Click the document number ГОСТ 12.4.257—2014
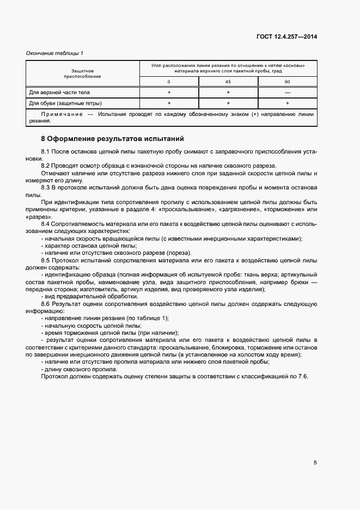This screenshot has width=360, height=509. coord(287,36)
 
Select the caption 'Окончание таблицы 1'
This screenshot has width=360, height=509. coord(54,53)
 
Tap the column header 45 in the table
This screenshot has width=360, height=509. coord(228,82)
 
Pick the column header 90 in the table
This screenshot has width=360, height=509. coord(287,82)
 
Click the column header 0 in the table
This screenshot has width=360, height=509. coord(169,82)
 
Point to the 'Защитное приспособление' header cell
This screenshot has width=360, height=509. coord(83,73)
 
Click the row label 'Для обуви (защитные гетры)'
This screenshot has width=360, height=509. coord(65,103)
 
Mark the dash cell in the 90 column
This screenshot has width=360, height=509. coord(287,93)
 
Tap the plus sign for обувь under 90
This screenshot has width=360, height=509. coord(287,103)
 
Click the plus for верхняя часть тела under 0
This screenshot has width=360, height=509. coord(169,93)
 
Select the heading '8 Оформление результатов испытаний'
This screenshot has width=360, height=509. coord(113,139)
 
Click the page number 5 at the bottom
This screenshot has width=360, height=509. coord(315,463)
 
